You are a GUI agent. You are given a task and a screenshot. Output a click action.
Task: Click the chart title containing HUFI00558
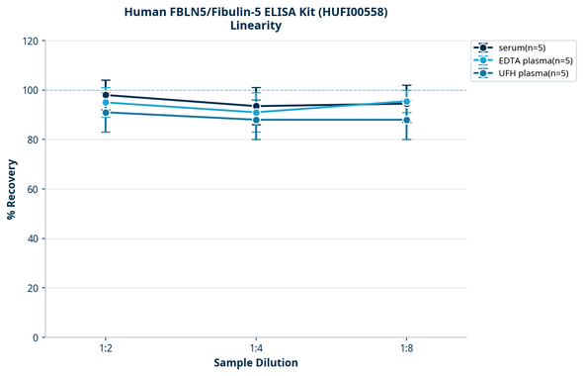tap(256, 11)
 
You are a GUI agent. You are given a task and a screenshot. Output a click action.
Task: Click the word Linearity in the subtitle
tap(256, 26)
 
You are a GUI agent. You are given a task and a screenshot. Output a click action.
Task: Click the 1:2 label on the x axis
tap(106, 349)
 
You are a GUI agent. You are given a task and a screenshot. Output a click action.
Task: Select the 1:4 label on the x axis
tap(256, 349)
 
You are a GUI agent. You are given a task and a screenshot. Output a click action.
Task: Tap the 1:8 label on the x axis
tap(406, 349)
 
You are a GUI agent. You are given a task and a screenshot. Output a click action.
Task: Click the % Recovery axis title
tap(12, 188)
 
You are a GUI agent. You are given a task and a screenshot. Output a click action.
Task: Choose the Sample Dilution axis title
tap(256, 363)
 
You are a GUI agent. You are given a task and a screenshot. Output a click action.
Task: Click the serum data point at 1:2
tap(106, 95)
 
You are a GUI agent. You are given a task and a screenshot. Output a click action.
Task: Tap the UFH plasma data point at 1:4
tap(256, 120)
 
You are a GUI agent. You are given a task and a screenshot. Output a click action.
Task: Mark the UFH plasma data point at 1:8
tap(406, 120)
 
